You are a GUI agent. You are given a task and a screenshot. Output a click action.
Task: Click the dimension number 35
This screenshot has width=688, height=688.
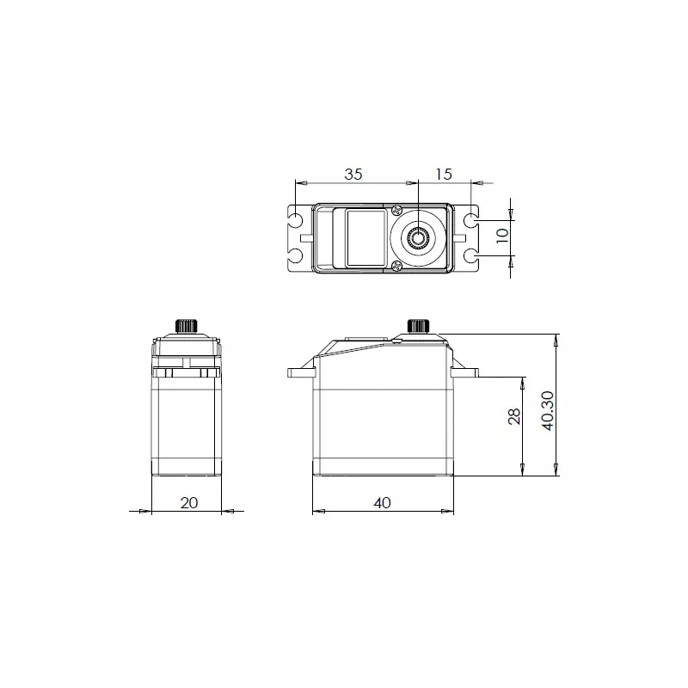coord(353,174)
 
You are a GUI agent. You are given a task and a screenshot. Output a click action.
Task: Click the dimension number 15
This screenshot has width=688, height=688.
coord(443,174)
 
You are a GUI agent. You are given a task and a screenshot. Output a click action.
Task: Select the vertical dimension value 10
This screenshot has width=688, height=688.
coord(503,232)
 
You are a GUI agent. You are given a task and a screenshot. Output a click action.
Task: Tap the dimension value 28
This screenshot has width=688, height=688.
coord(514,416)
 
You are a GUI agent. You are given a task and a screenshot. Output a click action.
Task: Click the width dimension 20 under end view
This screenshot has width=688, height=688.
coord(189,502)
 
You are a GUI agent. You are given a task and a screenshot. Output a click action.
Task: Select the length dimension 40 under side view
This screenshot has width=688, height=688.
coord(383,502)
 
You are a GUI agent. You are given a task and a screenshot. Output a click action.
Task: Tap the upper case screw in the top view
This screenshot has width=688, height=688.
coord(396,210)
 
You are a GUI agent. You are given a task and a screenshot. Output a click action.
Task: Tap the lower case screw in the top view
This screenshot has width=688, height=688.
coord(396,267)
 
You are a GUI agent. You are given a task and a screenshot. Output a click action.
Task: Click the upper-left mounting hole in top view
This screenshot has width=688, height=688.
coord(295,218)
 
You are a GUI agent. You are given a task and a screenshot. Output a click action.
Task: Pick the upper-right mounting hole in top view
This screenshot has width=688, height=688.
coord(472,218)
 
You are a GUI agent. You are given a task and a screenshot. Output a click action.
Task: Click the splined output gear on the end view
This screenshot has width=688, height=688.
coord(186,326)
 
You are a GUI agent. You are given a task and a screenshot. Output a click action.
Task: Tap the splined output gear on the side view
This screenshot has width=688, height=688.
coord(418,326)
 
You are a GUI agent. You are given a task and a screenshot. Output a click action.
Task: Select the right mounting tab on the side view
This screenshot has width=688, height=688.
coord(465,372)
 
